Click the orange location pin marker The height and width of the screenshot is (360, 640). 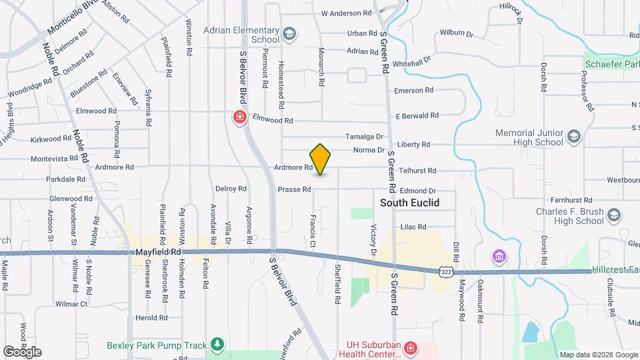pos(320,159)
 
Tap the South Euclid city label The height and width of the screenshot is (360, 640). pos(409,203)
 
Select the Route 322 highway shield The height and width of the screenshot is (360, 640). pos(447,271)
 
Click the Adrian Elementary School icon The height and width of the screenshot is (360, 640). pos(289,34)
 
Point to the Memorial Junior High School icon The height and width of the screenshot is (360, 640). pos(573,137)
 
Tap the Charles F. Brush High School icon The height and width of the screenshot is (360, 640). pos(614,215)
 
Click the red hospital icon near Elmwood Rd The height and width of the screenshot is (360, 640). pos(239,118)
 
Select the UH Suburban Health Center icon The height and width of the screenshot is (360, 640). pos(411,348)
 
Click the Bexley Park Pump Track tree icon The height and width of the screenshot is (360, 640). pos(216,344)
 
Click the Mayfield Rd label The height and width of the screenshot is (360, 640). pos(158,253)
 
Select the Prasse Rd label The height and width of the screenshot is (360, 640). pos(294,189)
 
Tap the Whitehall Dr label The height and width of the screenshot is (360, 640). pos(412,59)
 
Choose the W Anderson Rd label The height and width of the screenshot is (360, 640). pos(346,13)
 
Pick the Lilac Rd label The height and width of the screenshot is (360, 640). pos(413,227)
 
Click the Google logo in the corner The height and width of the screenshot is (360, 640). pos(22,352)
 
